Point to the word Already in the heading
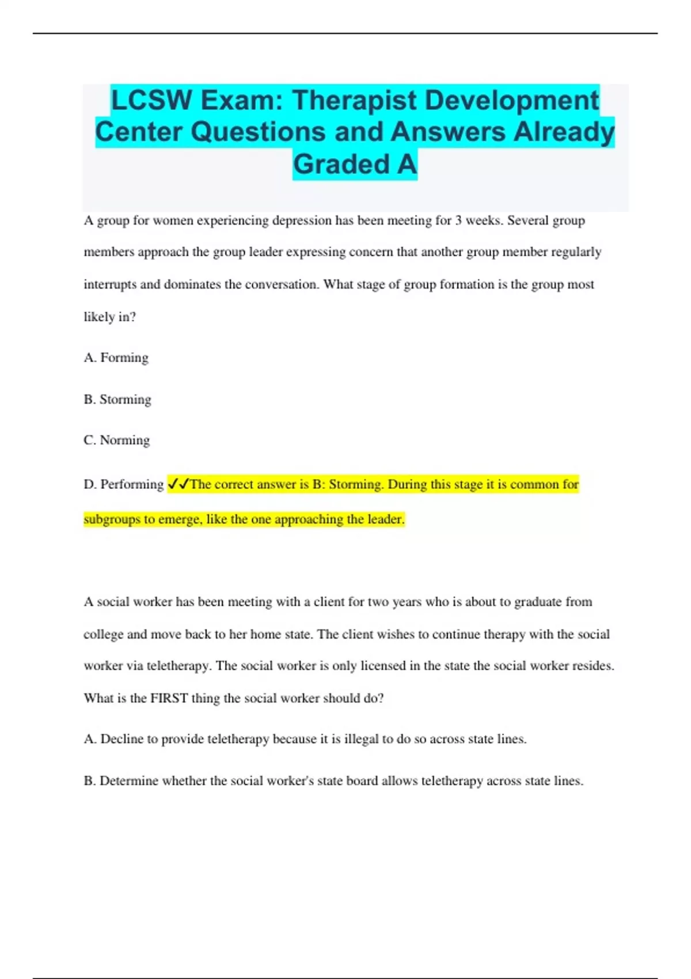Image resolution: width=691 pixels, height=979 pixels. click(x=564, y=132)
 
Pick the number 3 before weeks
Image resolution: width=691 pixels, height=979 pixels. click(x=458, y=221)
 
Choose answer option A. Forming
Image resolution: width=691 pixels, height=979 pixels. click(x=116, y=358)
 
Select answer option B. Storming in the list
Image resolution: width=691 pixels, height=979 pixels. click(x=117, y=399)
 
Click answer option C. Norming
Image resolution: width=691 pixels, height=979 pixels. click(x=116, y=440)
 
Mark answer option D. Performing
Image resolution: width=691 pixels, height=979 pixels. click(x=124, y=484)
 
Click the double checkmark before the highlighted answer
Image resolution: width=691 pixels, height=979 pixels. click(x=178, y=484)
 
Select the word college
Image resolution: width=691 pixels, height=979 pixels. click(x=103, y=634)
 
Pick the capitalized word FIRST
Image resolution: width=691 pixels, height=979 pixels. click(x=169, y=698)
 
